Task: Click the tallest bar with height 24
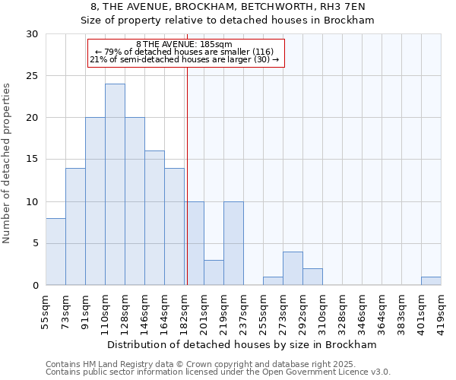coord(115,185)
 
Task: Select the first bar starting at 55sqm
coord(55,252)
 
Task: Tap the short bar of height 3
coord(214,272)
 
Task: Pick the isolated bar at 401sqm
coord(431,280)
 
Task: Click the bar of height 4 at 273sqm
coord(293,268)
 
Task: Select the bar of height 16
coord(154,218)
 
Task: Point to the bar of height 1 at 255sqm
coord(273,280)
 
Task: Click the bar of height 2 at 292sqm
coord(312,277)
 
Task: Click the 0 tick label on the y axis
coord(35,286)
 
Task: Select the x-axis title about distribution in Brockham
coord(242,344)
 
